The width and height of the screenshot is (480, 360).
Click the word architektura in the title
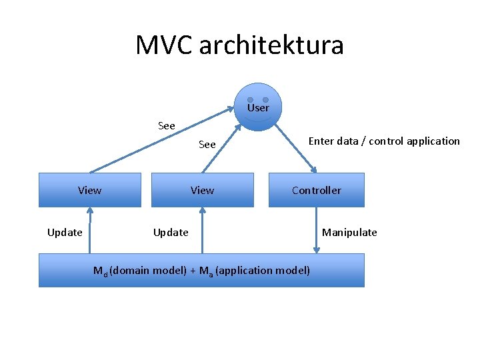point(271,45)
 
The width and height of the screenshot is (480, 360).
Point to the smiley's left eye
point(250,100)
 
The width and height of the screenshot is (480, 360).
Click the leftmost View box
point(90,190)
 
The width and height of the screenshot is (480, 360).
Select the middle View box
point(203,190)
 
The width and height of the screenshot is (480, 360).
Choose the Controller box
point(316,190)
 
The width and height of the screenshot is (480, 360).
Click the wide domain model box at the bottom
point(201,270)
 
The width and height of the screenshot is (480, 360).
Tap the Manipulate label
point(349,232)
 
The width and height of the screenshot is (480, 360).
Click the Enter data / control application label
point(383,141)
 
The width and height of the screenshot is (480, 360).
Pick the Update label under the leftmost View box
point(65,232)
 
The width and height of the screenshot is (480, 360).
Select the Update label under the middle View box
point(171,232)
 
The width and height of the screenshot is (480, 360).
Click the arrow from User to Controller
point(297,148)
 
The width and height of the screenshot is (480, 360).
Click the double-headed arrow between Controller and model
point(317,230)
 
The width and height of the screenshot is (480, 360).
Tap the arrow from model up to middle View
point(202,230)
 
